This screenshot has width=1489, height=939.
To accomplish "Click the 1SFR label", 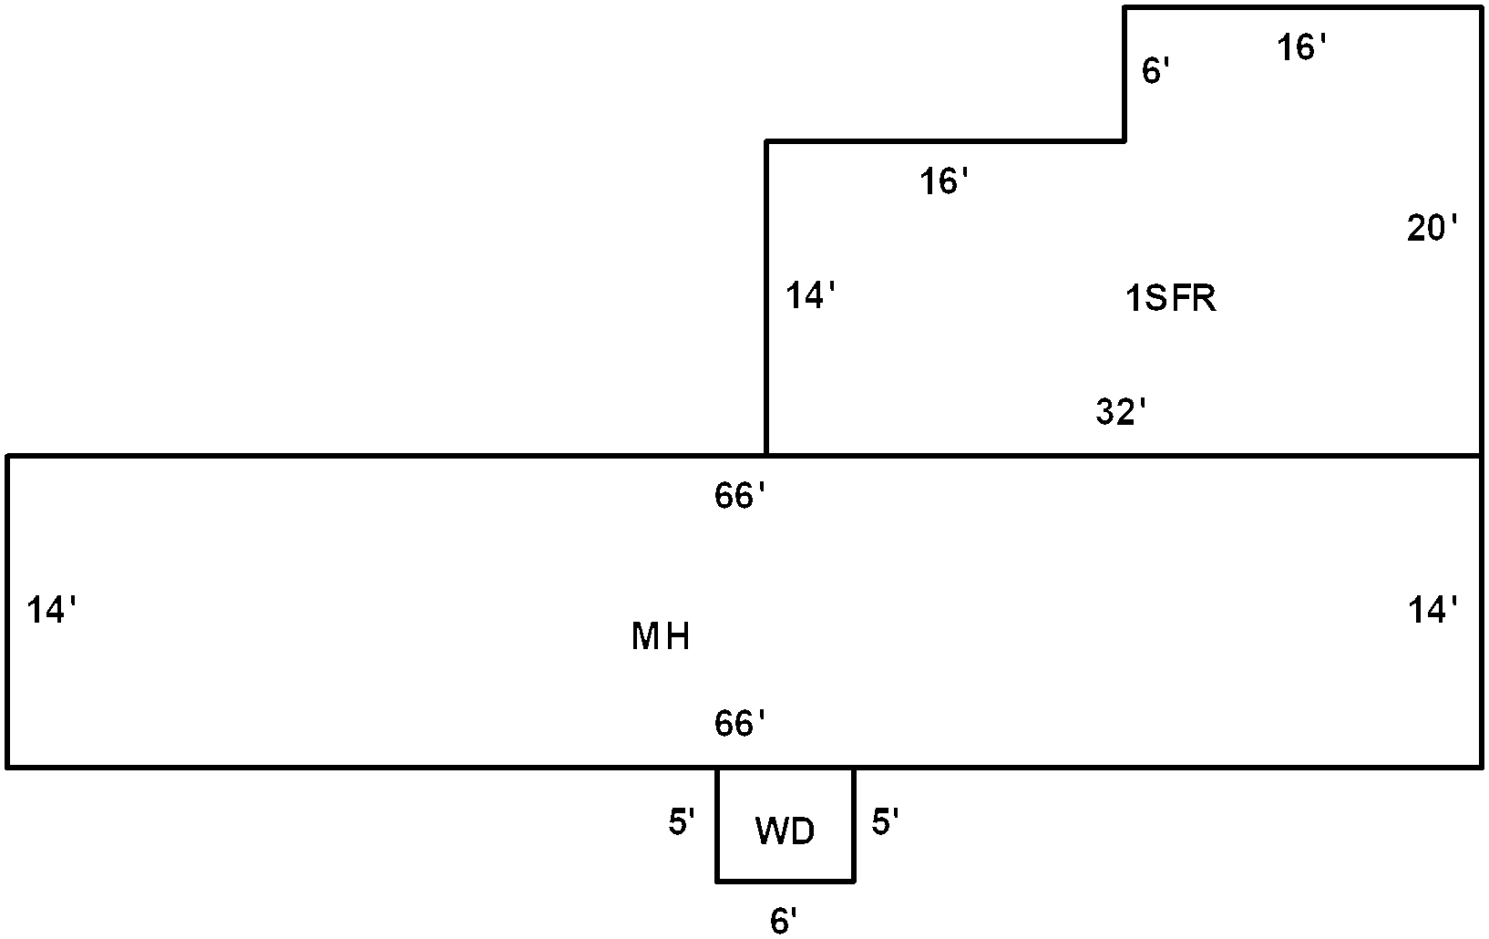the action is click(x=1171, y=298).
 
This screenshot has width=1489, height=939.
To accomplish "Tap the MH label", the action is click(x=661, y=636).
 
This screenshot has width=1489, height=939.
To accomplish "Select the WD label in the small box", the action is click(x=785, y=831).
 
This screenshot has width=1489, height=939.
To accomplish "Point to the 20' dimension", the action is click(x=1432, y=228).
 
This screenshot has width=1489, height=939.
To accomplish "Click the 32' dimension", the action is click(x=1121, y=412).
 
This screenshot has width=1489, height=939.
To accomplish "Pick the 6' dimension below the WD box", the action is click(x=783, y=921).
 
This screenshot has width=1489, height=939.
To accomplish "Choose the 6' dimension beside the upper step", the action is click(x=1155, y=70).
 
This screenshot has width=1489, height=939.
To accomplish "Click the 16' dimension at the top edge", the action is click(x=1301, y=47).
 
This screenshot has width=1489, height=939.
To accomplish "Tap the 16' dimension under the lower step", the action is click(x=944, y=181).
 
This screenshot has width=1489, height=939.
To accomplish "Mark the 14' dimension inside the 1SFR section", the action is click(x=810, y=295).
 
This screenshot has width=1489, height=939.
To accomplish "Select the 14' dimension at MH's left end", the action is click(x=51, y=610).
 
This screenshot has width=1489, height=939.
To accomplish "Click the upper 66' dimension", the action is click(x=740, y=495).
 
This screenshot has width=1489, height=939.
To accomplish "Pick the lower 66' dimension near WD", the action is click(x=740, y=723).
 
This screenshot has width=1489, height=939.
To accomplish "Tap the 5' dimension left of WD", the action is click(x=682, y=822).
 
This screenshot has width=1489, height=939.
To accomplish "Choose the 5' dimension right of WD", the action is click(x=886, y=822).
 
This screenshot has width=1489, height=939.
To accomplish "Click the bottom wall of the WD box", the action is click(x=785, y=882).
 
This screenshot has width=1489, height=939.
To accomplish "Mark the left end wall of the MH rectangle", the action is click(x=7, y=612).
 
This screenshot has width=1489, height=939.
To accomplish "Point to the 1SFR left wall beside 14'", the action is click(x=766, y=298).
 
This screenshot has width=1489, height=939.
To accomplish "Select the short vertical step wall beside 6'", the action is click(x=1124, y=74).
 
